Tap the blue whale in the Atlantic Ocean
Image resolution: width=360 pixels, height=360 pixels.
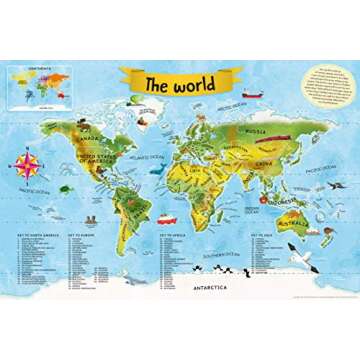coord(156,170)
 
